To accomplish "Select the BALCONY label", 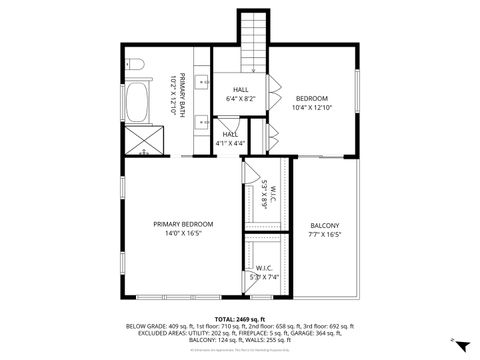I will pos(325,225).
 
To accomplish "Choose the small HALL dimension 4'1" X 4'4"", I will pos(230,143).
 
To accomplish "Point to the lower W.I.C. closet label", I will pos(264,268).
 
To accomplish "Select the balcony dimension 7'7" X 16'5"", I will pos(325,235).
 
